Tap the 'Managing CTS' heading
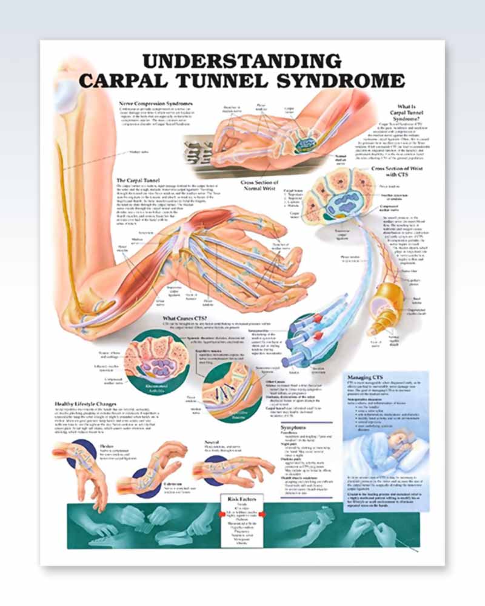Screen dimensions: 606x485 366,377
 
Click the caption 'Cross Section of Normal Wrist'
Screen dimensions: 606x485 259,185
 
